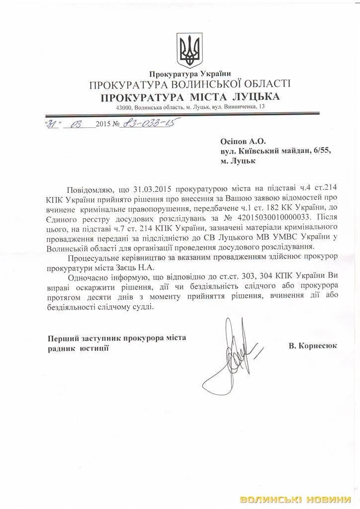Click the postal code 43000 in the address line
(x=123, y=107)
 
